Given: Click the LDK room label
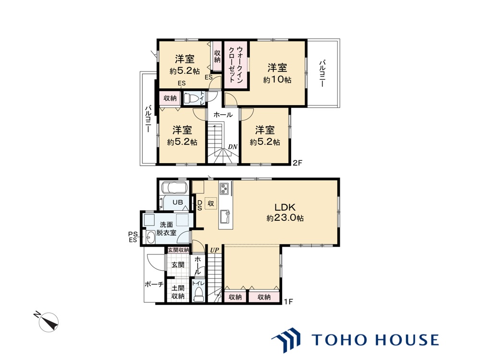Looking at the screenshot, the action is point(285,207).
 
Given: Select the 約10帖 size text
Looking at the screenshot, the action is point(277,80).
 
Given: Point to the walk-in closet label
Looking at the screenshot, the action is point(236,64).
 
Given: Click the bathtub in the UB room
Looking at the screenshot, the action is point(173,187).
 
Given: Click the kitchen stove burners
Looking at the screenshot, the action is point(224,189).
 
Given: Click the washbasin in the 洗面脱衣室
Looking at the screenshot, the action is point(150,237).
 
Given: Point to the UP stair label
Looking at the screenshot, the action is point(215,250).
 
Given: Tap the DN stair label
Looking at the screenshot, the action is point(233,147).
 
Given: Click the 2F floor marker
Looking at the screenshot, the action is point(297,163).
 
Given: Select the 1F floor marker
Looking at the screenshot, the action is point(288,302).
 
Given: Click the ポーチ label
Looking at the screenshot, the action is point(154,285).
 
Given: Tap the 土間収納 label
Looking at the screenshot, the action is point(178,292).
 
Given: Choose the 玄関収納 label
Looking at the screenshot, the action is point(178,250).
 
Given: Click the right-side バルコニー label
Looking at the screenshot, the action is point(322,73).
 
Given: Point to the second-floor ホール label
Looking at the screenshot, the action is point(223,115).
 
